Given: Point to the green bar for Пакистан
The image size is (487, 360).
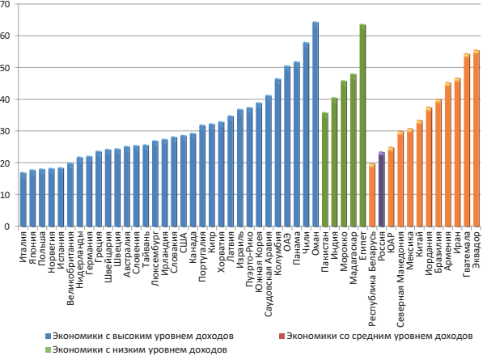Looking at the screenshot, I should tap(325, 170).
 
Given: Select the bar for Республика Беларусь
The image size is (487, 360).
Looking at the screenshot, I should tap(372, 196).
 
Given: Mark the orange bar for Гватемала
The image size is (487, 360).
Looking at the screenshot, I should tap(467, 140).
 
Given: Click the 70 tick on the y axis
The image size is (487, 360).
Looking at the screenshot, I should tap(6, 4).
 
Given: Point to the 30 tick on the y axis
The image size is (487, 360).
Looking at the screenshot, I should tap(6, 131).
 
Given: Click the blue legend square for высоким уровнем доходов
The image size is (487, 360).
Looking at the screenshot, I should tap(49, 335).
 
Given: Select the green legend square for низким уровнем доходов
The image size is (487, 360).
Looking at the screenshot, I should tap(49, 349).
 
